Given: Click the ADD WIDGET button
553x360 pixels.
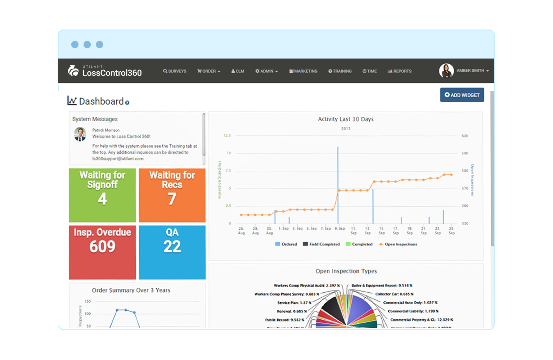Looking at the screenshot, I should click(x=462, y=95).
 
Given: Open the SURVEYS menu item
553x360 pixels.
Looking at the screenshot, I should click(x=175, y=71).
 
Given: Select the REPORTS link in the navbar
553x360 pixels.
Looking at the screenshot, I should click(x=399, y=71).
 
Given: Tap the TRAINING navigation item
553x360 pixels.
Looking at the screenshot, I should click(x=340, y=71).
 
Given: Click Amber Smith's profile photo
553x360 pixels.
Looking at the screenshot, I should click(x=446, y=71).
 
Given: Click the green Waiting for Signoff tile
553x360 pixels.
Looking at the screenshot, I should click(x=102, y=195).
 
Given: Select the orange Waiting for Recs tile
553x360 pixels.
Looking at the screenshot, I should click(x=172, y=195).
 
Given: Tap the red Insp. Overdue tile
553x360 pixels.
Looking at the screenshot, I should click(x=102, y=252).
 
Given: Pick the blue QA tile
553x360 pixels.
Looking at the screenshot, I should click(x=172, y=252).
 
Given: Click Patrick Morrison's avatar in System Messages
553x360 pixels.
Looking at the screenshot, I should click(x=80, y=134).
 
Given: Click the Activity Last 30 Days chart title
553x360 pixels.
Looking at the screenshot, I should click(x=346, y=119).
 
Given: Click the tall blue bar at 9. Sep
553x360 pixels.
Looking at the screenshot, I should click(x=338, y=184).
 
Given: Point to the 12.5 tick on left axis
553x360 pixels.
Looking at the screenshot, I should click(x=227, y=136).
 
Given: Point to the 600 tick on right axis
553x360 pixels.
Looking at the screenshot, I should click(x=465, y=136).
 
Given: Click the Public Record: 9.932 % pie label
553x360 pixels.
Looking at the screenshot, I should click(x=284, y=320).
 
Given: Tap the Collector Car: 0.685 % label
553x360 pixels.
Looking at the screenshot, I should click(x=394, y=294).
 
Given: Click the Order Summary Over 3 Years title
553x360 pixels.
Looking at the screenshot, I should click(x=131, y=290).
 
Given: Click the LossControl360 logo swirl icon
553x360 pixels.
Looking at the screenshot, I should click(x=73, y=71).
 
